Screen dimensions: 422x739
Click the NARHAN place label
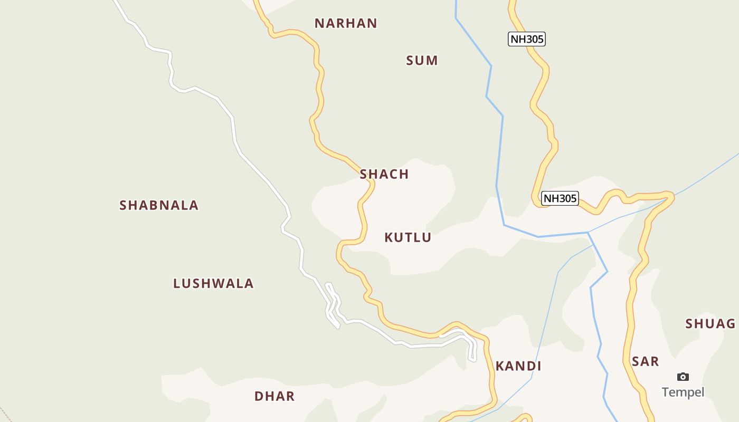[x=346, y=23]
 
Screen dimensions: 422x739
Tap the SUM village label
[x=422, y=61]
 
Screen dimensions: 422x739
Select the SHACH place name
[x=384, y=174]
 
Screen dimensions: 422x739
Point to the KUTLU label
[x=408, y=237]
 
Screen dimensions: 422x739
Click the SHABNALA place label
[x=159, y=205]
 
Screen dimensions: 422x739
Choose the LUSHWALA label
[x=213, y=283]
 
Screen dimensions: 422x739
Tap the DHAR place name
[x=274, y=396]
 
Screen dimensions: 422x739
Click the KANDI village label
[x=518, y=366]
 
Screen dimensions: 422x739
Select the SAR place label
[x=645, y=361]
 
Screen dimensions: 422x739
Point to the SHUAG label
[x=710, y=324]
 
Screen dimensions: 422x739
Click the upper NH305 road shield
[x=526, y=39]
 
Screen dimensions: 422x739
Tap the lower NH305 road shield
[x=560, y=198]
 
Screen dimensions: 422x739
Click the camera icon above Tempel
[x=683, y=377]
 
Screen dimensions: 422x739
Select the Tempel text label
[x=683, y=392]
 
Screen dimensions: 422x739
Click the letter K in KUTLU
[x=389, y=237]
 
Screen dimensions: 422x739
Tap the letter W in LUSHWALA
[x=217, y=283]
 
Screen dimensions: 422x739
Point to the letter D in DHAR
[x=259, y=396]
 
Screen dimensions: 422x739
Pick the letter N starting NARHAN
[x=319, y=23]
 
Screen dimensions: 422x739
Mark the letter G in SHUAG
[x=731, y=324]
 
